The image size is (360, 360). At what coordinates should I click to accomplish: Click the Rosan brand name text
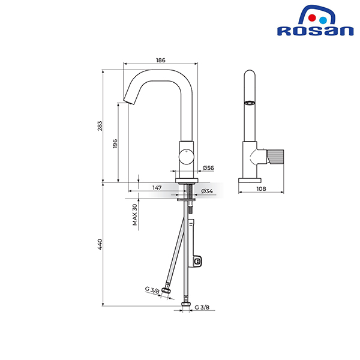tap(315, 31)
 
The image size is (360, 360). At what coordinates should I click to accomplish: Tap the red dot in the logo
tap(312, 18)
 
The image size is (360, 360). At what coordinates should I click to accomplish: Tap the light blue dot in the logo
tap(323, 20)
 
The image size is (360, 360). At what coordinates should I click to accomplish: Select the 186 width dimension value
tap(160, 60)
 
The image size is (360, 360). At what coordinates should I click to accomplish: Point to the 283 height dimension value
tap(100, 126)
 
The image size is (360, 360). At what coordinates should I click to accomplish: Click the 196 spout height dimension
tap(115, 143)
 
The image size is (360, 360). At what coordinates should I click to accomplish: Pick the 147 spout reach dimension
tap(157, 188)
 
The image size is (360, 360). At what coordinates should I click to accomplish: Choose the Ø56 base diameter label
tap(208, 168)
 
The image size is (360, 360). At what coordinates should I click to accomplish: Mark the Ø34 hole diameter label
tap(207, 191)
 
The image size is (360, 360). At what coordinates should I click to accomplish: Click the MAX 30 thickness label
tap(135, 215)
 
